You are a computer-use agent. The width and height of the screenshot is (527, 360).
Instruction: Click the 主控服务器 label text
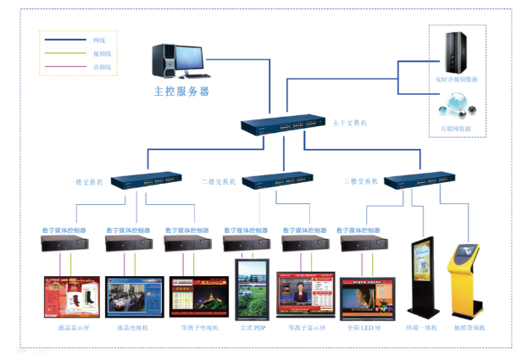point(180,91)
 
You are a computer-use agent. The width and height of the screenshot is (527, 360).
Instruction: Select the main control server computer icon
point(177,62)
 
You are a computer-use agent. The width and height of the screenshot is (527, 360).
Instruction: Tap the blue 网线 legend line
point(65,40)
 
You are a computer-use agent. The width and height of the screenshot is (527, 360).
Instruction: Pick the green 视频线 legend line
point(65,53)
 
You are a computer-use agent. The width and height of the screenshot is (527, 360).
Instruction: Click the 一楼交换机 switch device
point(147,180)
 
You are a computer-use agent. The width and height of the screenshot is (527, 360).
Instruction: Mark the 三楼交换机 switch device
point(419,180)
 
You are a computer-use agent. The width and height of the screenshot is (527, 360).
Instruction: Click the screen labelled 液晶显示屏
point(72,296)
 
